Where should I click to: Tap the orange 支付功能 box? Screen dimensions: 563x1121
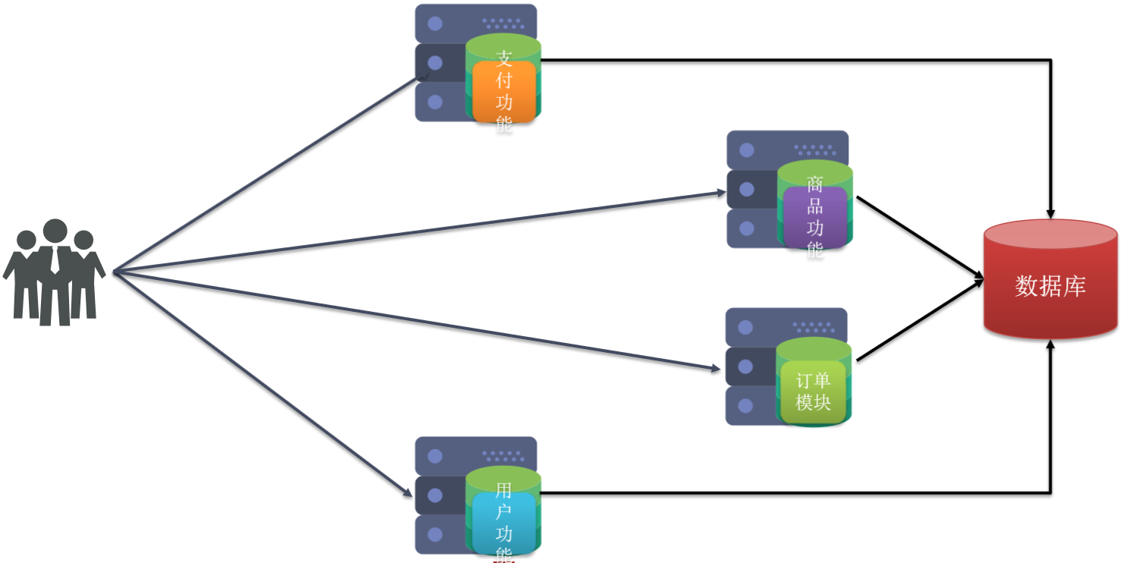[x=503, y=91]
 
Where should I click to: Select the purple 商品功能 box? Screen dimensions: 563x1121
[x=814, y=218]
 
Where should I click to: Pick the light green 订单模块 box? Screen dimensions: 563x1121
[x=813, y=392]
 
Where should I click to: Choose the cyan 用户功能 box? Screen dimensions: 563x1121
[x=503, y=522]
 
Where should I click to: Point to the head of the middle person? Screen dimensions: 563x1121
[x=55, y=232]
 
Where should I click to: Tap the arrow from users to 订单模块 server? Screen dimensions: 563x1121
[x=417, y=321]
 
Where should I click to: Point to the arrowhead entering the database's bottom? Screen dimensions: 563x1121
[x=1051, y=346]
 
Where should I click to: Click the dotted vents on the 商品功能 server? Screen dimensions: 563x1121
[x=814, y=150]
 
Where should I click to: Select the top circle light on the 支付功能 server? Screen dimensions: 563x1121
[x=435, y=24]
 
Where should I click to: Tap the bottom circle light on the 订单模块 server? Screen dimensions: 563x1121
[x=745, y=406]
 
